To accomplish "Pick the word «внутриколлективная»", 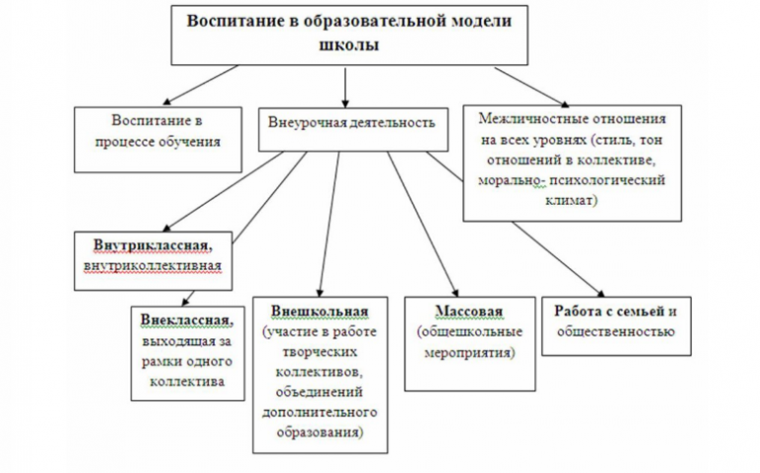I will pos(149,266).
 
